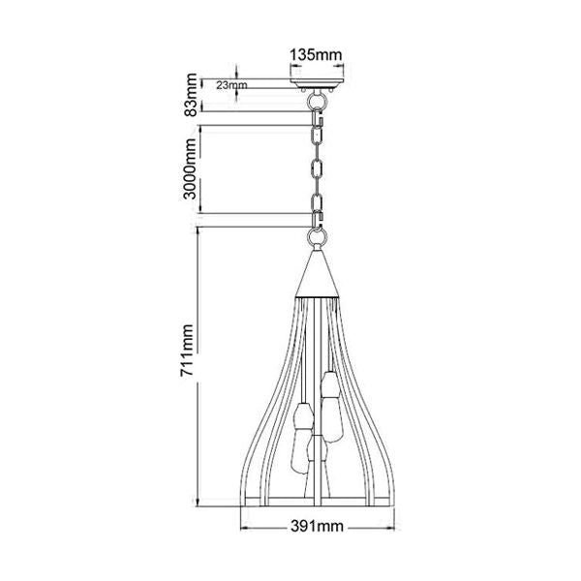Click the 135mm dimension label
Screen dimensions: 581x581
(x=316, y=55)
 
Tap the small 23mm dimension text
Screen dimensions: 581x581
(x=231, y=85)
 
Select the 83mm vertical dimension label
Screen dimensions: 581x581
(x=191, y=95)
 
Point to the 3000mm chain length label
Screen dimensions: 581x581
(x=190, y=168)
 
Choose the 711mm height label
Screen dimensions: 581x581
(x=187, y=351)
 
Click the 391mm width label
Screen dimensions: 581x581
(x=317, y=526)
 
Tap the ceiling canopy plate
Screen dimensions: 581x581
(x=317, y=81)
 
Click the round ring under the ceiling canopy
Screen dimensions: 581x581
(x=316, y=100)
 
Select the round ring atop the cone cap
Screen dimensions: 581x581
(x=317, y=236)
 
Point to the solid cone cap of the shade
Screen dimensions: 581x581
(x=317, y=274)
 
